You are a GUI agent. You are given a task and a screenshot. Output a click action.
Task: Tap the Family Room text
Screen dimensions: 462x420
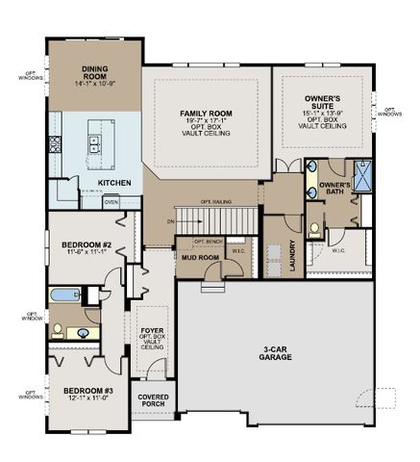(x=208, y=114)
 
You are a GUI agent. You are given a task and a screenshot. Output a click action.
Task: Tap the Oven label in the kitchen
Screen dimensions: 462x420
(x=111, y=202)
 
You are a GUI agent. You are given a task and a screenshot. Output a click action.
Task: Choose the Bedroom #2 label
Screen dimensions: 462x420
(x=87, y=245)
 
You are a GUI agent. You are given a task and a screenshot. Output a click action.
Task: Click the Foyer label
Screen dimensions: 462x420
(x=150, y=331)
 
